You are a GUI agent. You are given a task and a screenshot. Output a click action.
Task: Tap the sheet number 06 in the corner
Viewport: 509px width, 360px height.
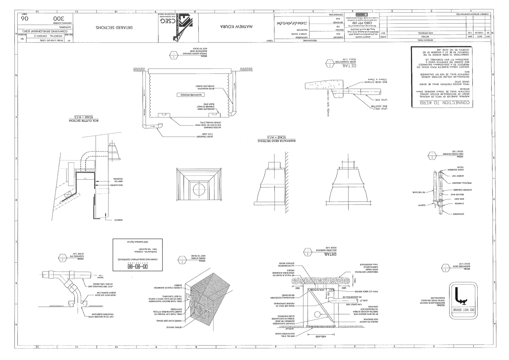tap(25, 19)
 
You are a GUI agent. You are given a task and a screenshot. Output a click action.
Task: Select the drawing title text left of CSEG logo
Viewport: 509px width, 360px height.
tap(114, 28)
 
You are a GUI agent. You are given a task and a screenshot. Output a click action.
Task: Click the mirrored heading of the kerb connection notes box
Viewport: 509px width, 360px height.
tap(442, 102)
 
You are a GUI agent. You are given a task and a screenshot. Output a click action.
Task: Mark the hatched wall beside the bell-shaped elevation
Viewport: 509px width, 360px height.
tap(287, 183)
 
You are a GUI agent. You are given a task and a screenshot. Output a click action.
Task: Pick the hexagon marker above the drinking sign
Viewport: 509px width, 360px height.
tap(446, 267)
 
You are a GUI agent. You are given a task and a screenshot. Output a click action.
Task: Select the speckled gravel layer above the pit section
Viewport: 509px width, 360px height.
tap(321, 281)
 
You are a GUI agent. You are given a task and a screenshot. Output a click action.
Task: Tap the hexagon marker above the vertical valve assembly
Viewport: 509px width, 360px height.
tap(431, 155)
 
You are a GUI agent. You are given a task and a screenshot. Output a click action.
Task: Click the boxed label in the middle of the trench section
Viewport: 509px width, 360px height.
tap(190, 95)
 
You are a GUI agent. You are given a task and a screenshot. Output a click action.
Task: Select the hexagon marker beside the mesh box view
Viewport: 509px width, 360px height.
tap(182, 259)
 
